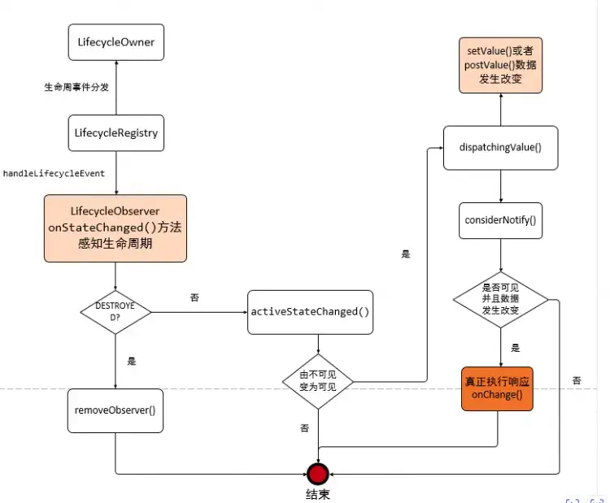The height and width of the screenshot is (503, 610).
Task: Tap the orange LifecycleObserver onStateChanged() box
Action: pos(115,228)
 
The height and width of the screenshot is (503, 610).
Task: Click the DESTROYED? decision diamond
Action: pos(115,310)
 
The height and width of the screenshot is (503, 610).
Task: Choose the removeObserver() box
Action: pos(115,410)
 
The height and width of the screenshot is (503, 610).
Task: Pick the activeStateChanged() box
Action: pos(310,311)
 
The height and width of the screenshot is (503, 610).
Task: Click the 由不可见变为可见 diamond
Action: pos(317,380)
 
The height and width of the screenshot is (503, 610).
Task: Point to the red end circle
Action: pos(317,473)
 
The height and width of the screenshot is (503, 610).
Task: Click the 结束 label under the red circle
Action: pos(317,493)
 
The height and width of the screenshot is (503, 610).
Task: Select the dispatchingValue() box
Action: pos(500,147)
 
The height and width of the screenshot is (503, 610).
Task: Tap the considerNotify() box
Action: pos(500,220)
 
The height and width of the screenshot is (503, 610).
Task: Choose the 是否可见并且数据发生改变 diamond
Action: pos(500,299)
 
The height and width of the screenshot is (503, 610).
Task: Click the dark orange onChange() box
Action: pos(497,388)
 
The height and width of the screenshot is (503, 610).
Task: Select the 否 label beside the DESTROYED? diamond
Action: pos(194,297)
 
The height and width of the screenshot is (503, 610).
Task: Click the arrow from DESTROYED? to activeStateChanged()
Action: pos(199,311)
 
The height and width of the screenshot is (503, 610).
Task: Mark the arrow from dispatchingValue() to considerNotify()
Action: pos(500,186)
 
